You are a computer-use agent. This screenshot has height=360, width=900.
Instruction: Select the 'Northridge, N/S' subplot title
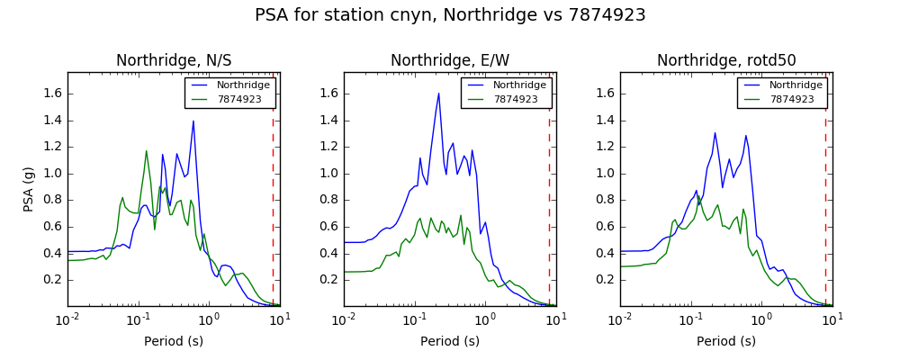tap(174, 60)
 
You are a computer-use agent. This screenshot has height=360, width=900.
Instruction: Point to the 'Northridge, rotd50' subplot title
tap(726, 60)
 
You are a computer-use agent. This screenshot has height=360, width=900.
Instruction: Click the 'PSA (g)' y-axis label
tap(30, 190)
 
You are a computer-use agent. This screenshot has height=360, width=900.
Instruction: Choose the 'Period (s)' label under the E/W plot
tap(450, 341)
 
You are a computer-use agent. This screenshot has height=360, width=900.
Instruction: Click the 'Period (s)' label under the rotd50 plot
tap(726, 341)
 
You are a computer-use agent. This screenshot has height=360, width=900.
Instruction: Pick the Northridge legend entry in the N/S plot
tap(230, 85)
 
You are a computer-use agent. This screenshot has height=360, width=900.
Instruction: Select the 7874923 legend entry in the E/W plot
tap(506, 99)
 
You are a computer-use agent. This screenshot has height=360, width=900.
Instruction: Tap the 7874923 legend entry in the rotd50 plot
tap(782, 99)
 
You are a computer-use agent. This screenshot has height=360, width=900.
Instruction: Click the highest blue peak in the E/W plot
tap(438, 94)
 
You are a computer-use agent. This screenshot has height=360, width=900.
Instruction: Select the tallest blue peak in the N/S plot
tap(193, 121)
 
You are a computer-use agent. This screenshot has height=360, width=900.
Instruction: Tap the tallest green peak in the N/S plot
tap(147, 151)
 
